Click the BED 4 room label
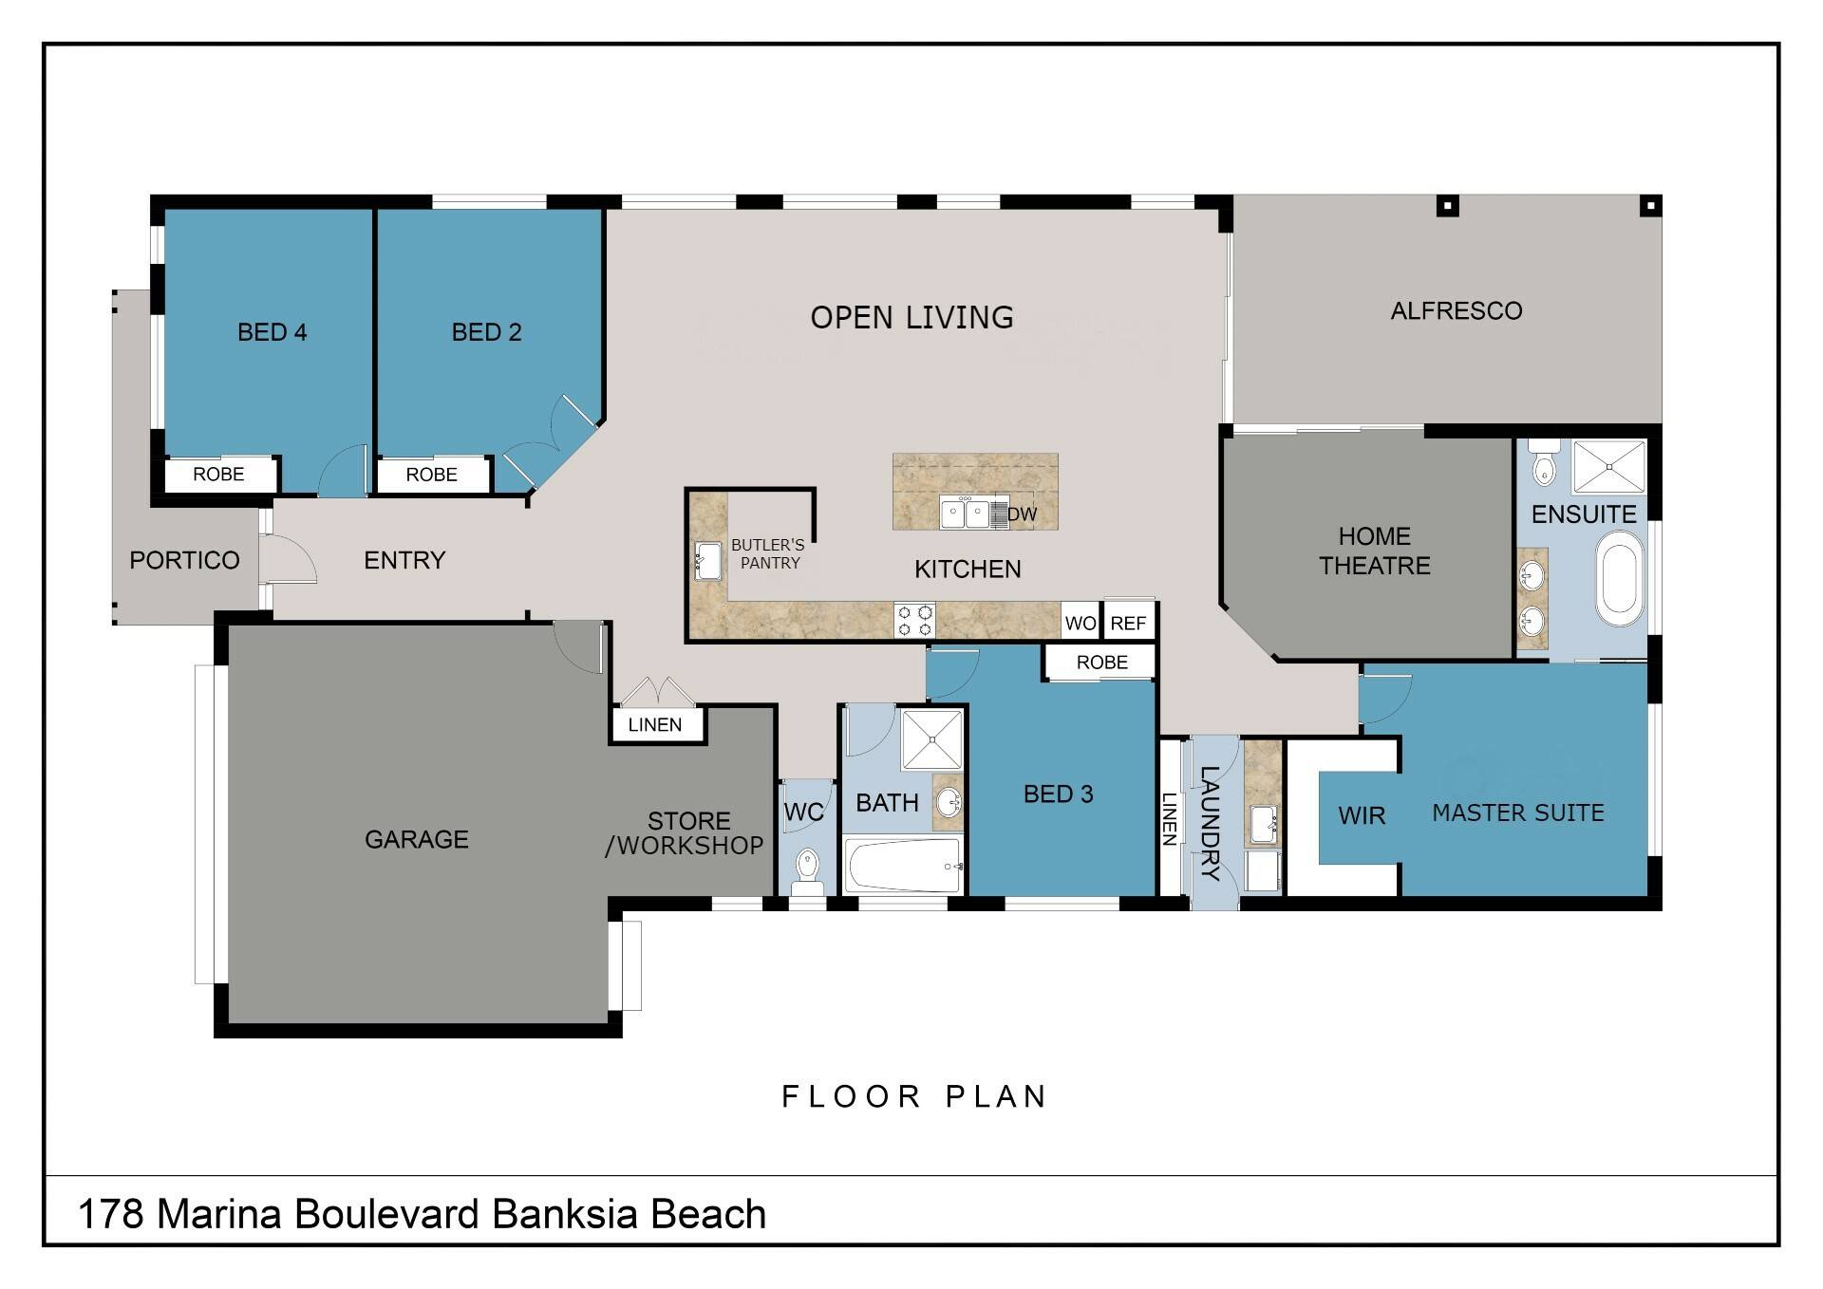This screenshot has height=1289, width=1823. [x=272, y=332]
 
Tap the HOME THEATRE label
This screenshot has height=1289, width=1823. [x=1374, y=551]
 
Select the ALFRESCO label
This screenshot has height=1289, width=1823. [x=1457, y=310]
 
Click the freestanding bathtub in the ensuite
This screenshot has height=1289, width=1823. [x=1619, y=577]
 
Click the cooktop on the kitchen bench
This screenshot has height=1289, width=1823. [x=915, y=620]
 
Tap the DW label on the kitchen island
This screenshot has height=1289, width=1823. [x=1023, y=514]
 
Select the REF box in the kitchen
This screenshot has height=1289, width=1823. [x=1129, y=623]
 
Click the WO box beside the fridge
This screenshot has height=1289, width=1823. [x=1081, y=623]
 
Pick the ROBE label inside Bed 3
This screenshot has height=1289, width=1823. [x=1101, y=662]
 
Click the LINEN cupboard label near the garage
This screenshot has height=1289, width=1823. [x=655, y=724]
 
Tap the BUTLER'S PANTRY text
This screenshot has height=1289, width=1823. [x=768, y=553]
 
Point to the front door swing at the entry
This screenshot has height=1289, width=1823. [x=288, y=558]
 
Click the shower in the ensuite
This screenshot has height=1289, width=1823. [x=1609, y=466]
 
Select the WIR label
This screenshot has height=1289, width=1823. [x=1362, y=815]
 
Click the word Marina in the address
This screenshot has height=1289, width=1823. [x=219, y=1214]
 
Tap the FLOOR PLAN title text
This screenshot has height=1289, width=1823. [x=914, y=1096]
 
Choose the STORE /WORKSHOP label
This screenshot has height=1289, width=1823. [x=686, y=833]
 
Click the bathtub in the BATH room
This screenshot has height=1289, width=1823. [x=904, y=865]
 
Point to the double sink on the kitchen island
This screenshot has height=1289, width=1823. [x=966, y=514]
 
